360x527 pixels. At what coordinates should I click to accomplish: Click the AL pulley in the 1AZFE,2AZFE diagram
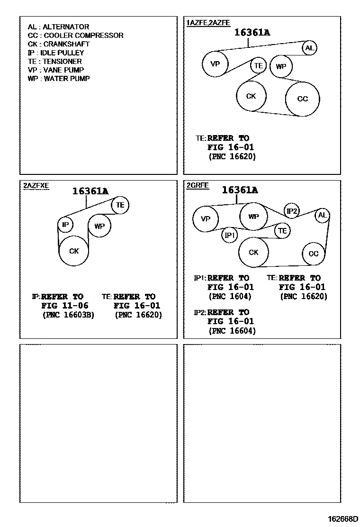309,47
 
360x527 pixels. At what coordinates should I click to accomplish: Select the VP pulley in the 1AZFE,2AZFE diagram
215,64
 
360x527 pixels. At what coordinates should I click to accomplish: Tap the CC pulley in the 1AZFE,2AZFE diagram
303,99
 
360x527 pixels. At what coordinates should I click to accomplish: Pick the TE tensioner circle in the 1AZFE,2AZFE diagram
258,66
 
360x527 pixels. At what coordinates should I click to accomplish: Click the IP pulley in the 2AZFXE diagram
65,224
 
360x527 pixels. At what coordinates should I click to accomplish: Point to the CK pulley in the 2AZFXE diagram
74,251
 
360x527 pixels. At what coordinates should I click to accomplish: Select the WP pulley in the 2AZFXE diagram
99,227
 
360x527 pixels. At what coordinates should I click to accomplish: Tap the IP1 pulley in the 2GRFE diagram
230,235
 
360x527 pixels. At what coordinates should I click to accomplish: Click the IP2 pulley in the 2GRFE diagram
292,211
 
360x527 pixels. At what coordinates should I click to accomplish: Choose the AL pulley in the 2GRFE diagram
323,216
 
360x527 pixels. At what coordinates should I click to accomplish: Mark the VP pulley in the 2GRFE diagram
206,219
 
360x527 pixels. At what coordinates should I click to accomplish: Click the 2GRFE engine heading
198,185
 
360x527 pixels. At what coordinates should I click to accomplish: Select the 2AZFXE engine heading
36,185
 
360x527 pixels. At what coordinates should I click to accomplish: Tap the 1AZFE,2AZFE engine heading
208,22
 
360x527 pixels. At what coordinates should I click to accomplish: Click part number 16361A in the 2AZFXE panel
90,191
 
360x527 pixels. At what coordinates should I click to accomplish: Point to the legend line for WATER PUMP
58,79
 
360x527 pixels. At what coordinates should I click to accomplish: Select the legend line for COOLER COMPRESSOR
75,36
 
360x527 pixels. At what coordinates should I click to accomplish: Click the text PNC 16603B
68,315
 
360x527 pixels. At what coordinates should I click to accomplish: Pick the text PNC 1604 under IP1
230,297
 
